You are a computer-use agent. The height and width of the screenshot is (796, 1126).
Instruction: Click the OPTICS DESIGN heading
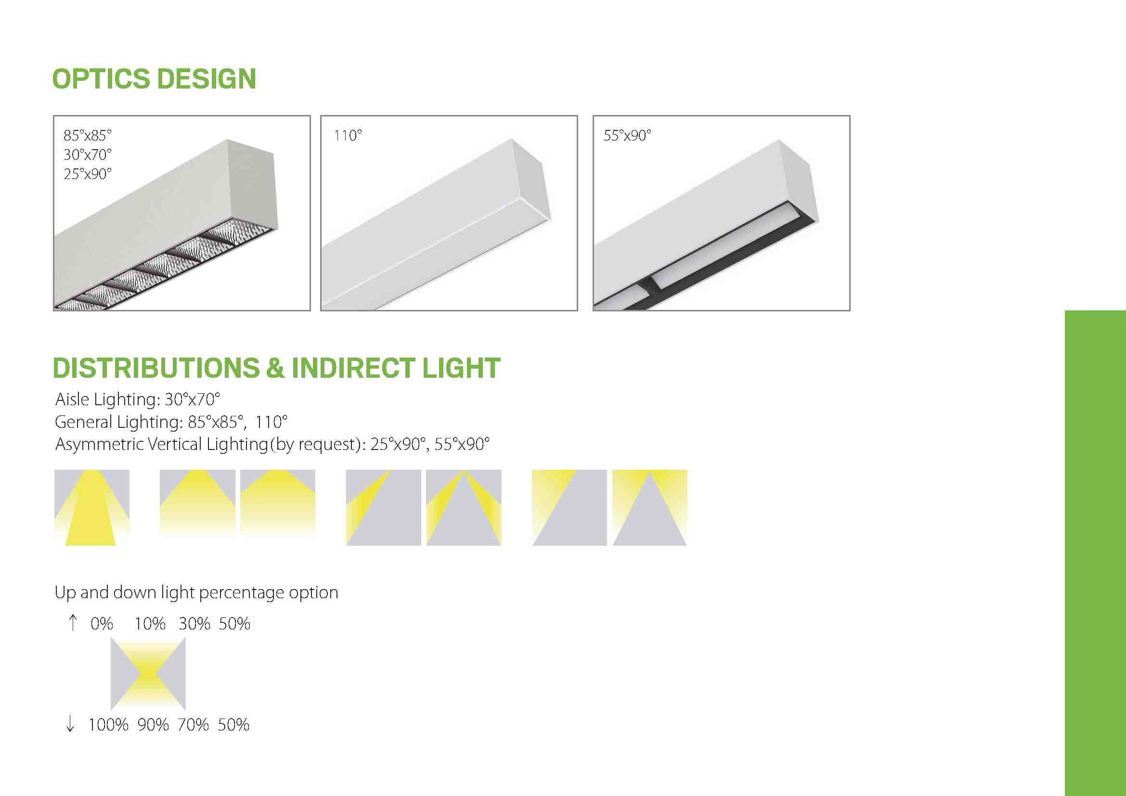[x=154, y=79]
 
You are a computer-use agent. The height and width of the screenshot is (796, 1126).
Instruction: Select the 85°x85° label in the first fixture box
[x=88, y=135]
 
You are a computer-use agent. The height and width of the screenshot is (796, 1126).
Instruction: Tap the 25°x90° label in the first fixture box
[x=88, y=174]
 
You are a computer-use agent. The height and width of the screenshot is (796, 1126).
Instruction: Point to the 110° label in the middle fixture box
[x=348, y=135]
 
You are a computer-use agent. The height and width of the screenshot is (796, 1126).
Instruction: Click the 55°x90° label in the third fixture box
[x=627, y=135]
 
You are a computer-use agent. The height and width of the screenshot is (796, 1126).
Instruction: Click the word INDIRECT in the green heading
[x=354, y=368]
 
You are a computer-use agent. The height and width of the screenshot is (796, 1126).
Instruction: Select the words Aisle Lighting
[x=105, y=400]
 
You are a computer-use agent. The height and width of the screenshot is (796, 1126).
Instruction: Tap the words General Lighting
[x=116, y=422]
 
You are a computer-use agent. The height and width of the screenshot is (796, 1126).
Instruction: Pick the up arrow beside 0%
[x=73, y=622]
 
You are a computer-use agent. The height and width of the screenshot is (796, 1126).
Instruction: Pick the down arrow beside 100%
[x=70, y=723]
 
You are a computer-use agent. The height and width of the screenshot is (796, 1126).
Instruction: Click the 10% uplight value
[x=150, y=624]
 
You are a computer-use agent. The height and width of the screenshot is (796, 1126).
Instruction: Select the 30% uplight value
[x=194, y=624]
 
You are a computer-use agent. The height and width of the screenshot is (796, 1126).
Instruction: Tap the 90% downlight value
[x=153, y=725]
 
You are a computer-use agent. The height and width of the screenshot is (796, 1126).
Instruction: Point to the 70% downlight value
[x=193, y=725]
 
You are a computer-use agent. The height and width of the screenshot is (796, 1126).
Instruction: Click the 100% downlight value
[x=108, y=725]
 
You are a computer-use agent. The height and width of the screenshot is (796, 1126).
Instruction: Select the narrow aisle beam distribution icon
[x=92, y=508]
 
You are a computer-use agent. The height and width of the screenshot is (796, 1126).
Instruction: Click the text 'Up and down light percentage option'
[x=196, y=593]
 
